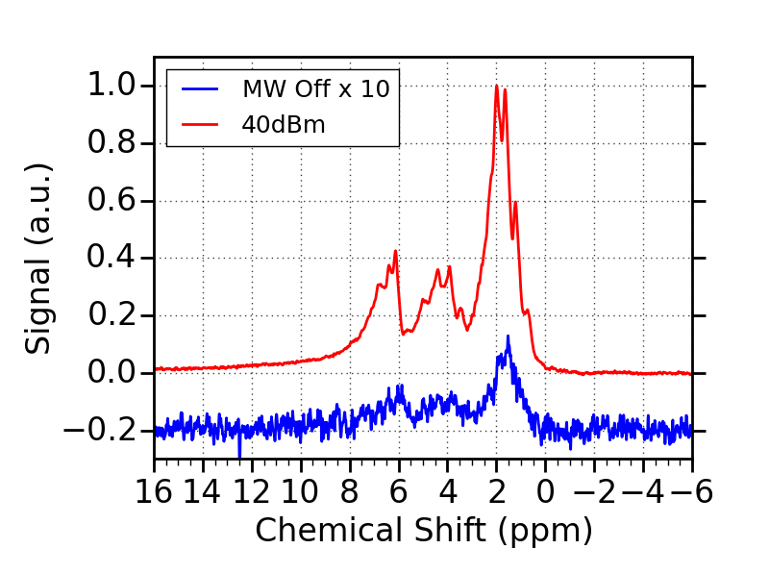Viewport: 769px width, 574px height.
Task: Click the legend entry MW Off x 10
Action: click(315, 90)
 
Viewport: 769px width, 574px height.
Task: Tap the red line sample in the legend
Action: click(200, 124)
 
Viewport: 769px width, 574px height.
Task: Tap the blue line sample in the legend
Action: click(200, 90)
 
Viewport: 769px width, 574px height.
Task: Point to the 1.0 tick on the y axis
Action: click(112, 86)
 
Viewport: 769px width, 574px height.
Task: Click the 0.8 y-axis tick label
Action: click(112, 143)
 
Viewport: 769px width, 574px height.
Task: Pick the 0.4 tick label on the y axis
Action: click(112, 258)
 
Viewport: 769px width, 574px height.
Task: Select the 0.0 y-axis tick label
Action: click(112, 372)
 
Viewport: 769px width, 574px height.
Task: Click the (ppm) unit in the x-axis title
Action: click(547, 530)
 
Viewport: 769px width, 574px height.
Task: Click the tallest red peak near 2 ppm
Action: click(497, 86)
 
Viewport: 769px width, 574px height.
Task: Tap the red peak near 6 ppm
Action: click(395, 251)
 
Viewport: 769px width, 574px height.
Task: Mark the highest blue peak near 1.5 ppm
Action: click(509, 337)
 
